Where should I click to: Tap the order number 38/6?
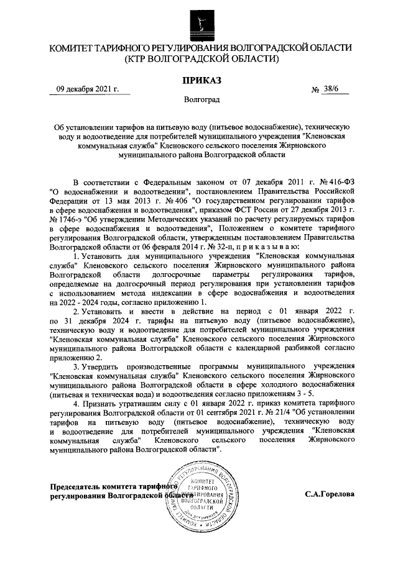point(332,90)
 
